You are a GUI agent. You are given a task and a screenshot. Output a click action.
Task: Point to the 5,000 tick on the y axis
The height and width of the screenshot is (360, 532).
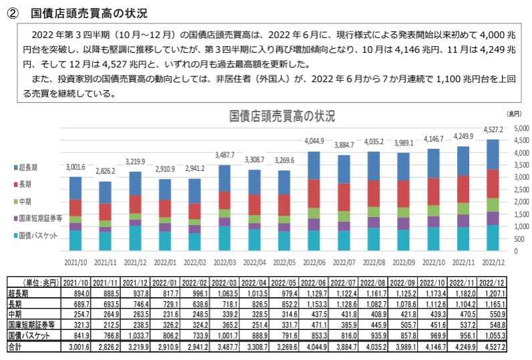[520, 128]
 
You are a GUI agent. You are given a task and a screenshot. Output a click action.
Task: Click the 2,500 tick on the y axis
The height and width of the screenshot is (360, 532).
[520, 190]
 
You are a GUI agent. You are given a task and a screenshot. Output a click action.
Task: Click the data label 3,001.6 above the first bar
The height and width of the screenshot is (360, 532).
[75, 168]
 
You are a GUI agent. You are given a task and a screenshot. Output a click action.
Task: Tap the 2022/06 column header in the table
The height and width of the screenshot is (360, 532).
[315, 282]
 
